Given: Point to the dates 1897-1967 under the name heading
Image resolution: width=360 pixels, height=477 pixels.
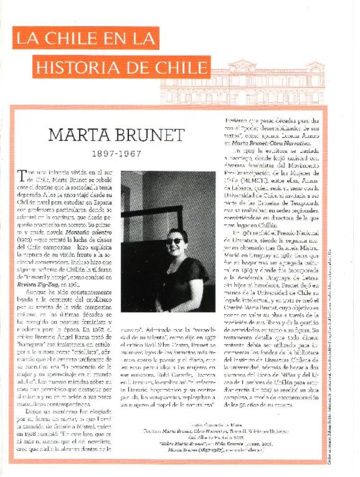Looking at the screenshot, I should tap(117, 154).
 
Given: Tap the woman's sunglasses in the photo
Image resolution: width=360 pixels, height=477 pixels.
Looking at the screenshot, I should tap(175, 241).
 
